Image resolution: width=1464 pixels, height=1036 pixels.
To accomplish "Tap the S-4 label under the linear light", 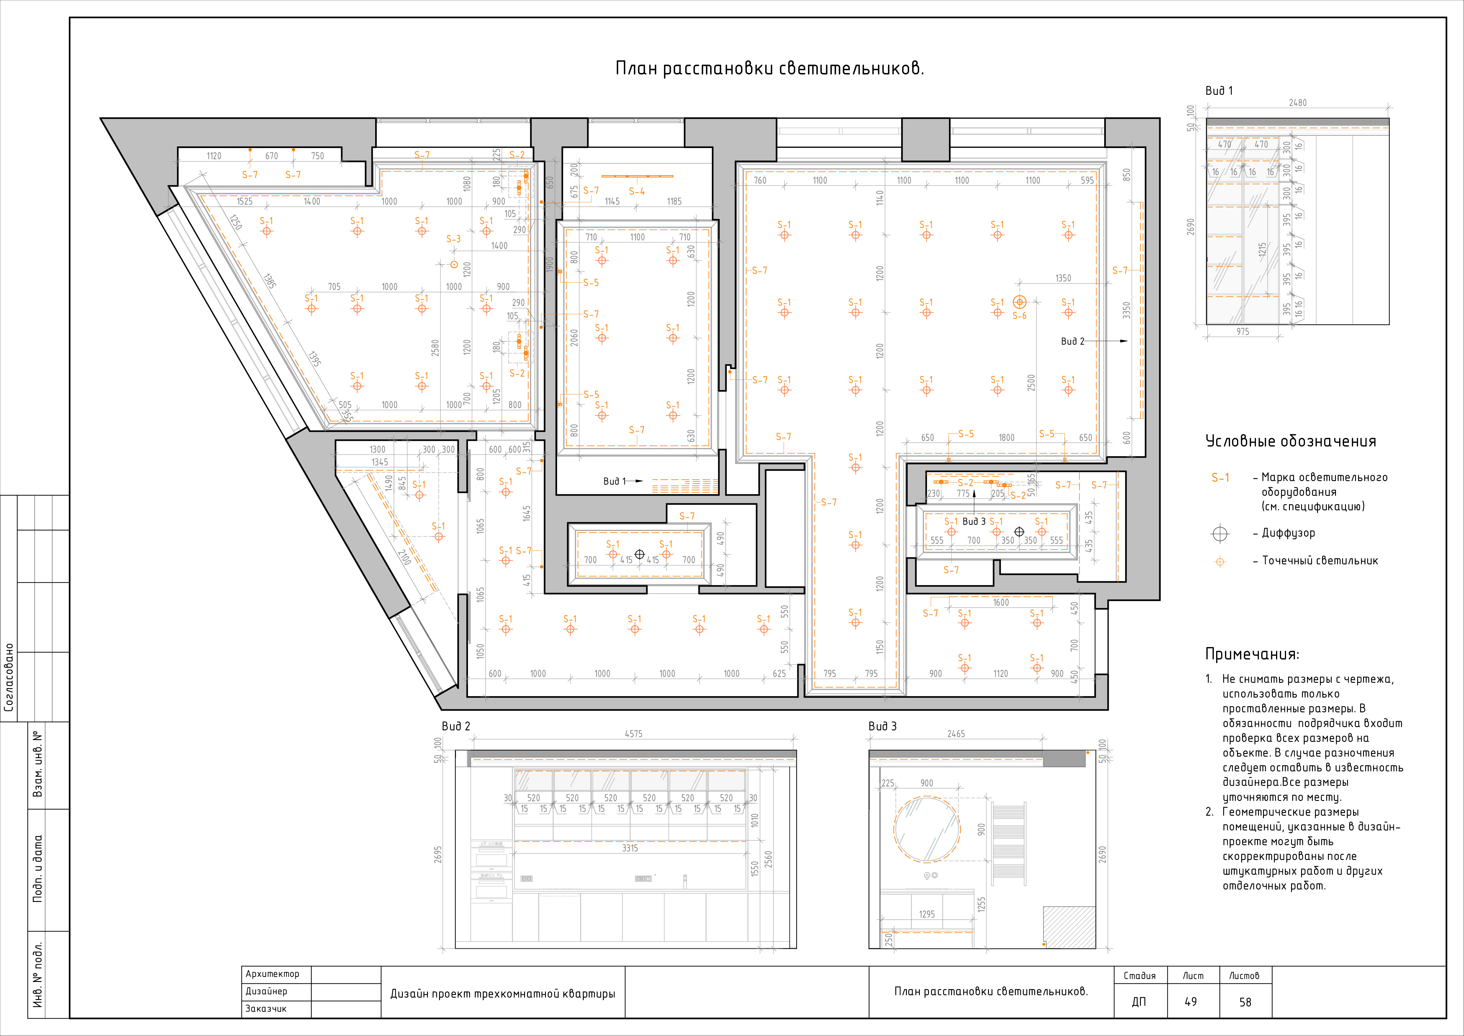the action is click(x=636, y=191).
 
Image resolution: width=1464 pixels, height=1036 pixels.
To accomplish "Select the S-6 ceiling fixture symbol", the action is click(x=1020, y=302).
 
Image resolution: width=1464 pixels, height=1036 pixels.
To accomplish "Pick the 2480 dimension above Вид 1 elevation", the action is click(x=1298, y=103).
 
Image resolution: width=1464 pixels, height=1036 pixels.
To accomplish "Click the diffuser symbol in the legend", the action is click(x=1220, y=533).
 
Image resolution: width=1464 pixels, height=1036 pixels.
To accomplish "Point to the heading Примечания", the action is click(x=1252, y=654).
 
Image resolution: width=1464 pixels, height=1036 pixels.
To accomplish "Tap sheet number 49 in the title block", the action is click(x=1190, y=1002).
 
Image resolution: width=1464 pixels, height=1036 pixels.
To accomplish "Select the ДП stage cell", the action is click(x=1139, y=1002).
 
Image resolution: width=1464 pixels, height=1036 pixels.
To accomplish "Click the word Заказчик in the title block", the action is click(x=266, y=1009).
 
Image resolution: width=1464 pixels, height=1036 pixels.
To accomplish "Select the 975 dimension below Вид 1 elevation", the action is click(x=1243, y=332).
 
